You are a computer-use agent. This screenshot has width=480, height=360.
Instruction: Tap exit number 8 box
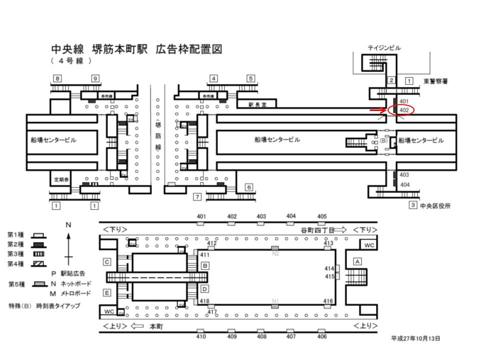click(58, 78)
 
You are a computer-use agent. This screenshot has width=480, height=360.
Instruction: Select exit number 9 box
click(95, 78)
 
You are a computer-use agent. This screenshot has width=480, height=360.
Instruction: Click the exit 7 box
click(197, 197)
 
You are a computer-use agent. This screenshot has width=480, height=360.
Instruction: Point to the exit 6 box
click(248, 187)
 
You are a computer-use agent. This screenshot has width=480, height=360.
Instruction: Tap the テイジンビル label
click(384, 48)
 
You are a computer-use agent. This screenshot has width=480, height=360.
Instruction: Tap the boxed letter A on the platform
click(357, 261)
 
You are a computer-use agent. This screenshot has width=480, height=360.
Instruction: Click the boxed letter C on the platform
click(107, 261)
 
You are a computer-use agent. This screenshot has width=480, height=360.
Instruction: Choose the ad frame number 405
click(322, 216)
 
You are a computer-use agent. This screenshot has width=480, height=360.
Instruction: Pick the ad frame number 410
click(201, 336)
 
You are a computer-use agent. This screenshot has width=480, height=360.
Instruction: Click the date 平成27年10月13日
click(415, 338)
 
